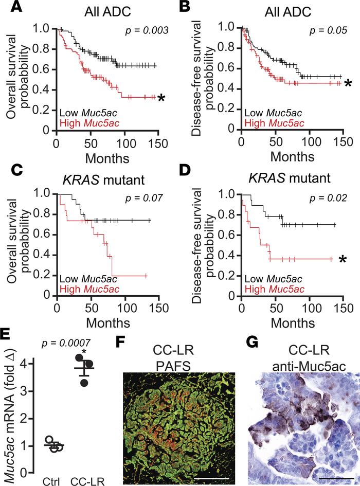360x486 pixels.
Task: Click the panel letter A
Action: (x=9, y=9)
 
